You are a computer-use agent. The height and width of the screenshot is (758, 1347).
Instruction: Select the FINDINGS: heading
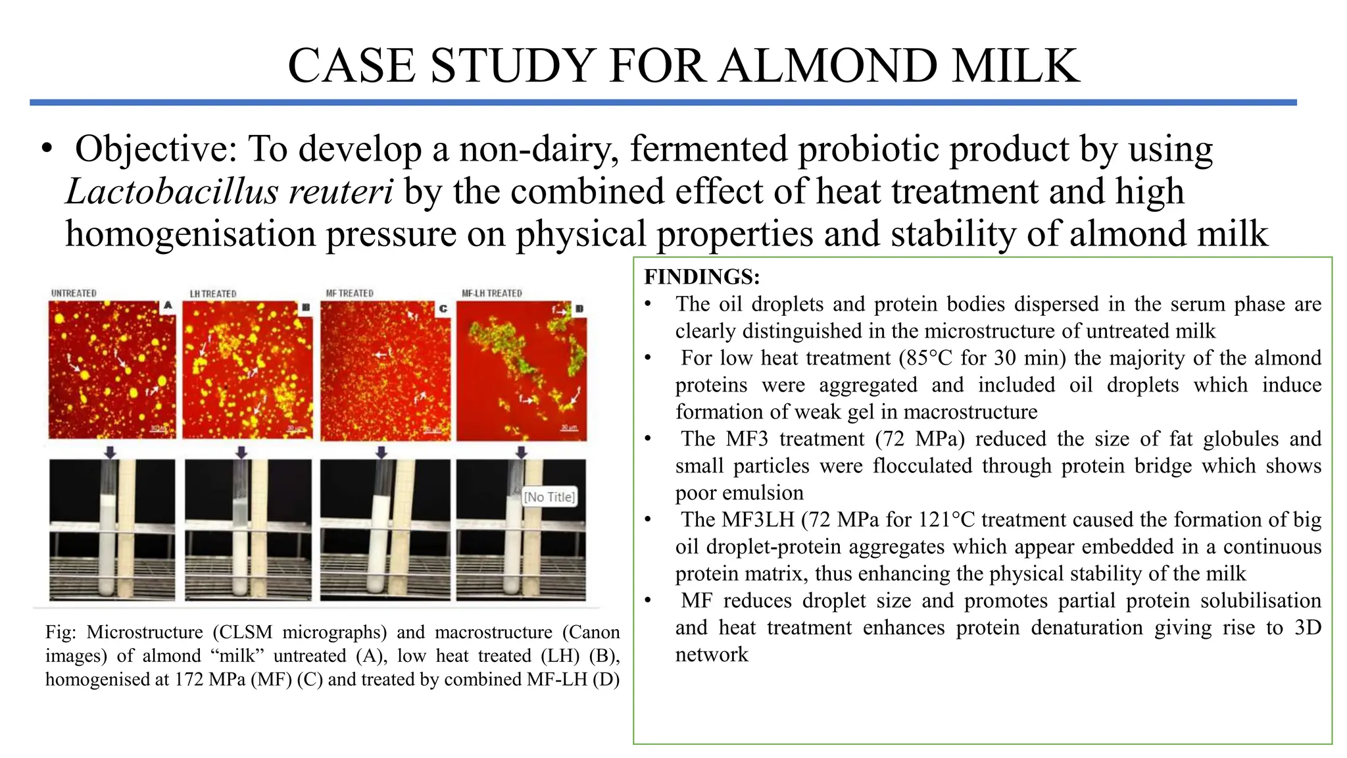pos(702,276)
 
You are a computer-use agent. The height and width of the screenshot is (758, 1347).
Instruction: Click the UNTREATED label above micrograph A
pos(74,293)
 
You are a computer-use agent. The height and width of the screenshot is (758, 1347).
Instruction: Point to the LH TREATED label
pos(213,294)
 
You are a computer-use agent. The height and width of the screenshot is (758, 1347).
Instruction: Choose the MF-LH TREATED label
pos(491,293)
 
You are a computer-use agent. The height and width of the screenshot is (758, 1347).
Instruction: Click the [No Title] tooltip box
pos(549,497)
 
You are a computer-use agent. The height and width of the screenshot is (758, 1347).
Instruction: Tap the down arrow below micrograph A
pos(110,452)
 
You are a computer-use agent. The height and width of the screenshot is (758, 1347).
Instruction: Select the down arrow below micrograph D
pos(521,452)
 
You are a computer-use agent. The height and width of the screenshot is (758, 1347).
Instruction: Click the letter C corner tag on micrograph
pos(443,309)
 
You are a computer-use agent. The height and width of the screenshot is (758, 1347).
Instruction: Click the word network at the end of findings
pos(712,655)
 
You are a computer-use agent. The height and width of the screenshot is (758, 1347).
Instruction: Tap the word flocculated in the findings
pos(922,466)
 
